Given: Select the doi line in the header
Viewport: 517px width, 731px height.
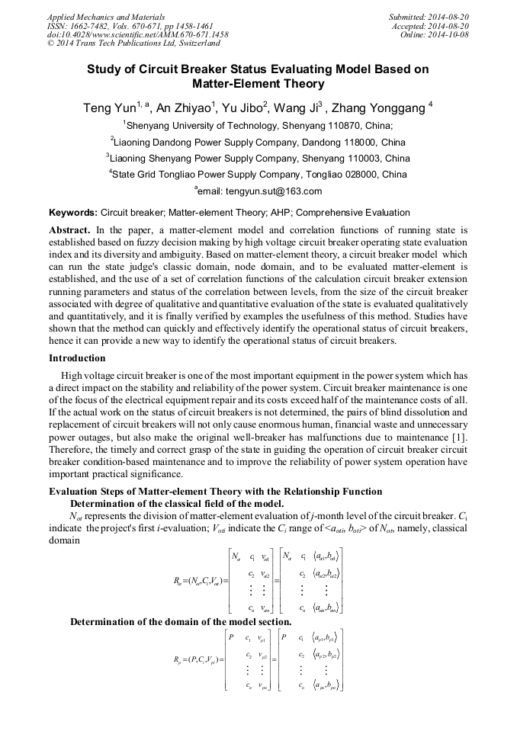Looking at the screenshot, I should (x=137, y=34).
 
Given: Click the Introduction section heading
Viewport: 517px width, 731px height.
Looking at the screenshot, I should (x=77, y=357).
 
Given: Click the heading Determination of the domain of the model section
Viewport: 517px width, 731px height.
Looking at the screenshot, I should (x=181, y=621).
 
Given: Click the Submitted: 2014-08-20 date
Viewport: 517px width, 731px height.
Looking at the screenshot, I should (x=429, y=16).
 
